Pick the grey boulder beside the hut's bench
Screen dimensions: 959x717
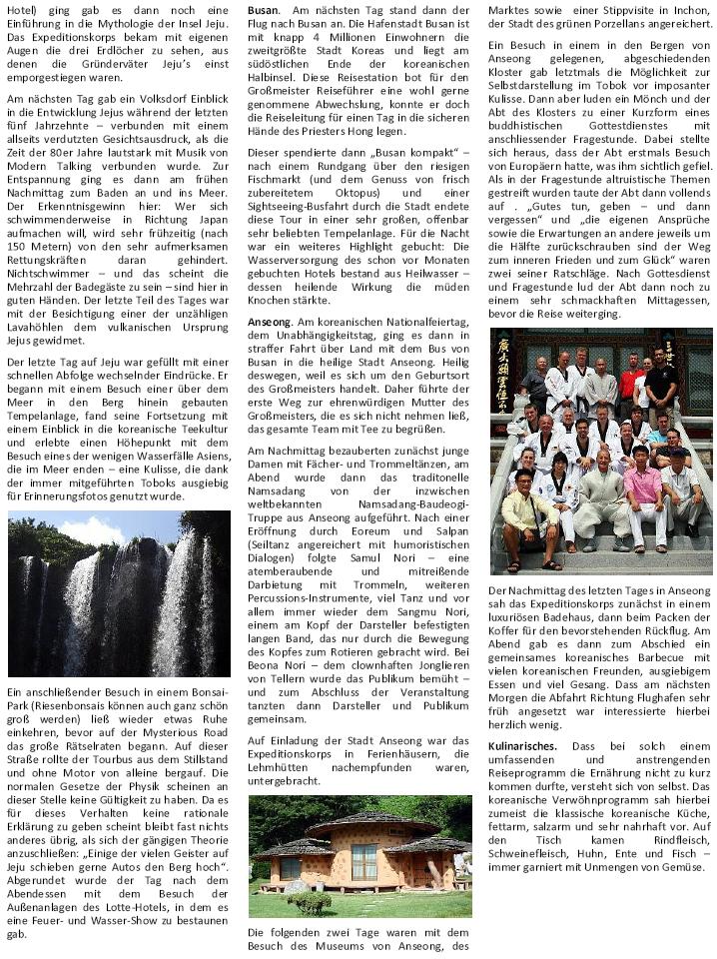click(296, 886)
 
